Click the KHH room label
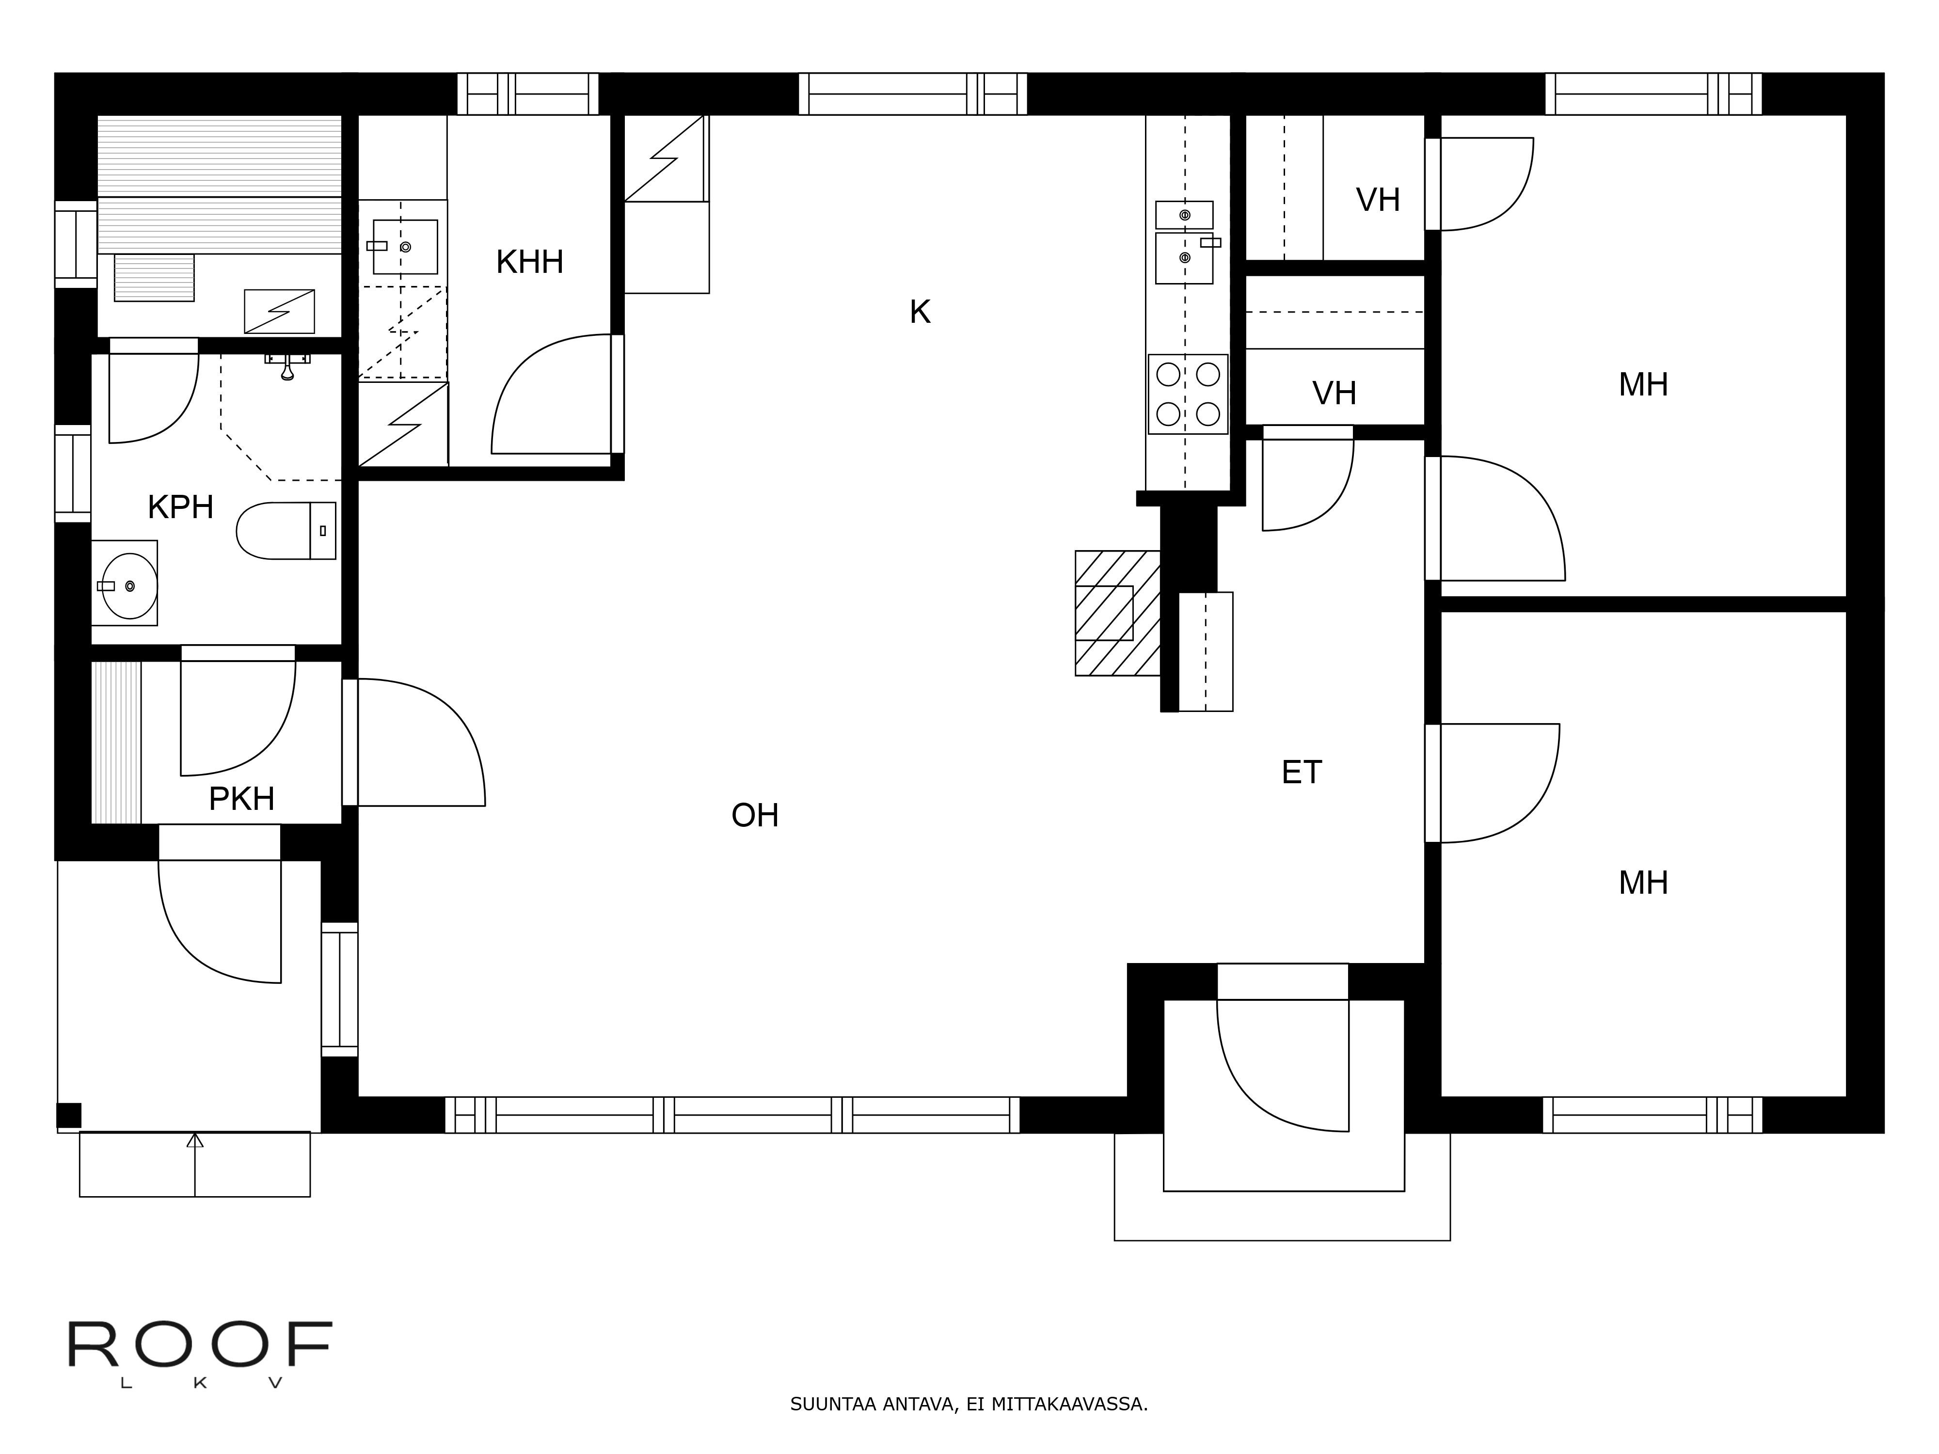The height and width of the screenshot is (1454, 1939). point(529,262)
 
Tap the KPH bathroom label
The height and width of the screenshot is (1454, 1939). point(181,507)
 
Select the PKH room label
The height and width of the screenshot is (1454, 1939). point(242,799)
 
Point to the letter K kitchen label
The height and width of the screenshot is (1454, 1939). point(920,312)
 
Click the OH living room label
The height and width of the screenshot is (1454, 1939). point(755,816)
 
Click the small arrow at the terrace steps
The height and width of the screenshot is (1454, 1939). point(194,1140)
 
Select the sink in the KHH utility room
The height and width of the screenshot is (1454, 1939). point(405,246)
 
